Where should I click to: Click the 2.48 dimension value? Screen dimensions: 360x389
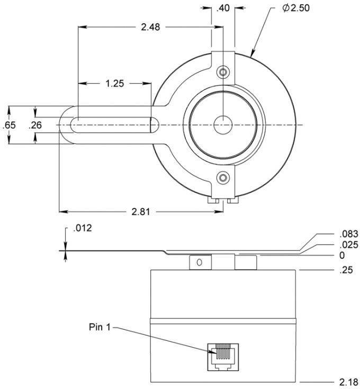coord(150,27)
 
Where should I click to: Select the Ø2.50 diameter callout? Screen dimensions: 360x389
coord(296,8)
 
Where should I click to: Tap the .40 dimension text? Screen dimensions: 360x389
coord(223,8)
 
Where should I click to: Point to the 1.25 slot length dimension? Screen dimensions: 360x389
coord(115,84)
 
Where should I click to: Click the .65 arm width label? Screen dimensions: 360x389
coord(9,125)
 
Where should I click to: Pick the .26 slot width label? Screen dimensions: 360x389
coord(35,125)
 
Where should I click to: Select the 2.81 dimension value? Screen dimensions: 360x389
coord(141,212)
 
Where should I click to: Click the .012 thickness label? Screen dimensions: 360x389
coord(83,228)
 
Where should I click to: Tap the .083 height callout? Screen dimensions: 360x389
coord(349,234)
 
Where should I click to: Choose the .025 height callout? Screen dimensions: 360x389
coord(349,245)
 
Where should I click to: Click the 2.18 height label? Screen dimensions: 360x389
coord(348,382)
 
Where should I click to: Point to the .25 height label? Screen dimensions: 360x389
coord(346,270)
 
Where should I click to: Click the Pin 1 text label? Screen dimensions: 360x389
coord(100,327)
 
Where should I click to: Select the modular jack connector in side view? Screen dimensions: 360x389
coord(223,357)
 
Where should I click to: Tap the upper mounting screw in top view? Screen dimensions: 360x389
coord(223,72)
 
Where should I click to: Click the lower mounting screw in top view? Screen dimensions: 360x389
coord(223,178)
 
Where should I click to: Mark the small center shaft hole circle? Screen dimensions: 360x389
coord(223,125)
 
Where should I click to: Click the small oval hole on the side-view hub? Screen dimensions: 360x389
coord(199,262)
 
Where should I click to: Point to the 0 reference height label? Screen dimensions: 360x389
coord(342,255)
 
